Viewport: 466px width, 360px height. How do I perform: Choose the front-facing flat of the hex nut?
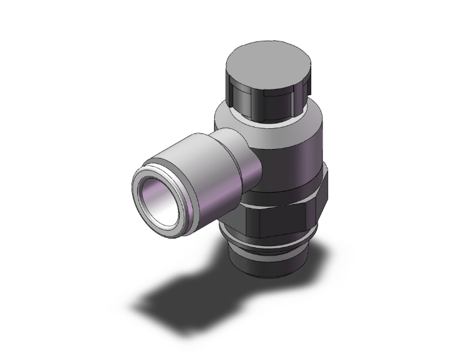click(x=276, y=222)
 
